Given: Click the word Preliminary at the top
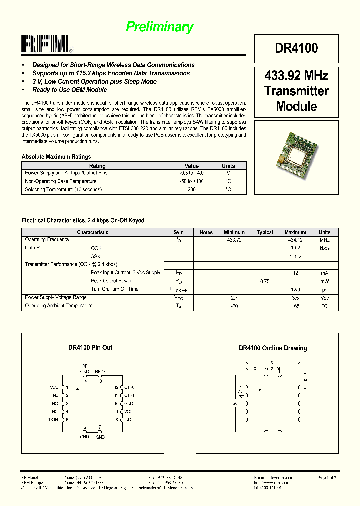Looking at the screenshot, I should (x=159, y=27).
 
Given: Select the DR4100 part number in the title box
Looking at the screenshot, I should (x=296, y=48).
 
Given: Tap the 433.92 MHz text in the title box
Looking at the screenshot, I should (x=296, y=76).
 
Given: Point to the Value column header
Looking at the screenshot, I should (x=192, y=166).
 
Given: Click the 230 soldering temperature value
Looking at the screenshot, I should (x=192, y=190).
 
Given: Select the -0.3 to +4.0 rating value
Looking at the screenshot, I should (x=192, y=173).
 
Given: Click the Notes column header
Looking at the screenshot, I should (x=206, y=232).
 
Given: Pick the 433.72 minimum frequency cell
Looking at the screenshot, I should (x=234, y=240).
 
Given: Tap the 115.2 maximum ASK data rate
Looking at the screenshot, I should (x=295, y=256).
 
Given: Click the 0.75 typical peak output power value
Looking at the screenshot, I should (x=265, y=281).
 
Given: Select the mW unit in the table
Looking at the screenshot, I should (x=324, y=281).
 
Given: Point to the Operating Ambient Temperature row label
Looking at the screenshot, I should (x=59, y=306).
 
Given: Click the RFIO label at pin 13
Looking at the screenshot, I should (x=100, y=372).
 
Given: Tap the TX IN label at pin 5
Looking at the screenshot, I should (x=54, y=420).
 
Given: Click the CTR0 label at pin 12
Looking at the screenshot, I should (x=129, y=387).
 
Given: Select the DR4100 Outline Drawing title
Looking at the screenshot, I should (x=273, y=348).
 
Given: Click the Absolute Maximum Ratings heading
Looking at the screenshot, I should (x=56, y=157).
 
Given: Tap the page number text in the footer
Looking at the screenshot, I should (x=327, y=478).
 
